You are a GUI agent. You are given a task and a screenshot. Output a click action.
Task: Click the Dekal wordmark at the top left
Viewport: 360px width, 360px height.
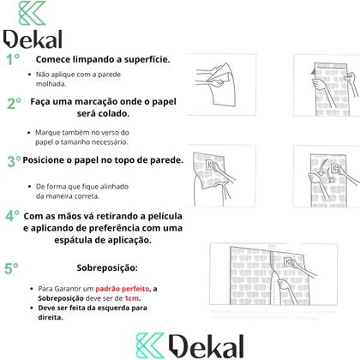[x=34, y=39]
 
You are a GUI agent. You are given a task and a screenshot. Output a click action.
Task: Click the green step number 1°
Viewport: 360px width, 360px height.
[x=13, y=59]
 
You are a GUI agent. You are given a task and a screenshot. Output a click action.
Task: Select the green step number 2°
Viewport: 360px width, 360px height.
[x=14, y=104]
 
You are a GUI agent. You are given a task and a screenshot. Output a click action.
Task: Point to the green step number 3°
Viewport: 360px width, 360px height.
[x=14, y=160]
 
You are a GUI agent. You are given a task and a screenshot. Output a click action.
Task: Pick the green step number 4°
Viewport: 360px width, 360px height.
[x=13, y=215]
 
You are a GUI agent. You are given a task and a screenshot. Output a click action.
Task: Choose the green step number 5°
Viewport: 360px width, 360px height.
[x=12, y=267]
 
